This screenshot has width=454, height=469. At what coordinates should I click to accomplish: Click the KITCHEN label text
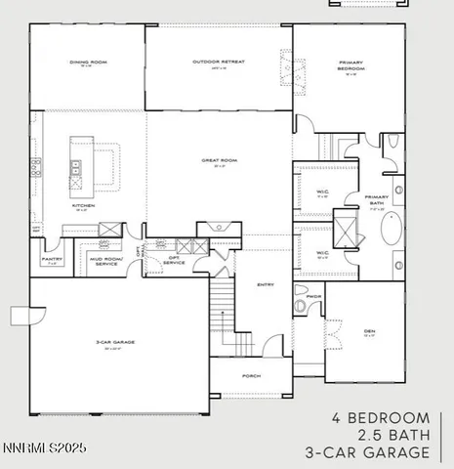tap(83, 206)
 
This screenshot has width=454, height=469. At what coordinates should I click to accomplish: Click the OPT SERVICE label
tap(173, 261)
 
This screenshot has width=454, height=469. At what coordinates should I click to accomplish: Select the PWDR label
tap(312, 296)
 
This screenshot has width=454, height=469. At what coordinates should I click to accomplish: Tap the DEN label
tap(369, 331)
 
